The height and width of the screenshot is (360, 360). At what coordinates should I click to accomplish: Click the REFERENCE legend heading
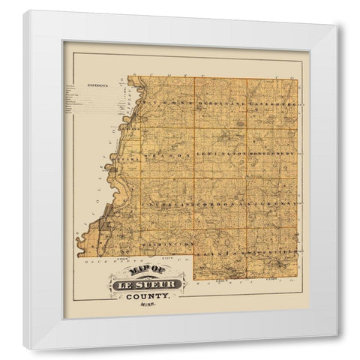97,85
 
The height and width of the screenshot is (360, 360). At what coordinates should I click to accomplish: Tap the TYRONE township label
154,100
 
